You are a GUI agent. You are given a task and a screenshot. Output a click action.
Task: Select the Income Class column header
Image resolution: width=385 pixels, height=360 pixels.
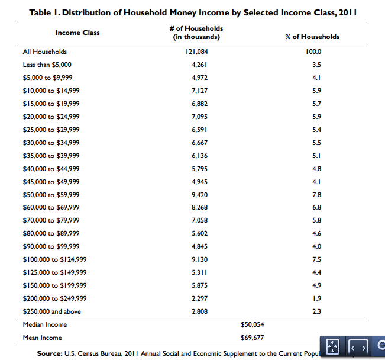pyautogui.click(x=77, y=33)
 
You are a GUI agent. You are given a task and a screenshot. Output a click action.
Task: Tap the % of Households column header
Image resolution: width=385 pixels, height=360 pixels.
pyautogui.click(x=312, y=37)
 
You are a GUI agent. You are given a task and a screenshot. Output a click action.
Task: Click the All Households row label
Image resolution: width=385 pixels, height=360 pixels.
pyautogui.click(x=45, y=52)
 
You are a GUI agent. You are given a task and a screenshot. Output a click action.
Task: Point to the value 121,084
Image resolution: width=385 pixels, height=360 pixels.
pyautogui.click(x=197, y=52)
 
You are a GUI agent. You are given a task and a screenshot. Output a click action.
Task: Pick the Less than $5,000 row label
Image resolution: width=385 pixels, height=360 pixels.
pyautogui.click(x=47, y=65)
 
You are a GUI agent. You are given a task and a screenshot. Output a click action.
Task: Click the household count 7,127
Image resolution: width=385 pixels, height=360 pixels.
pyautogui.click(x=200, y=91)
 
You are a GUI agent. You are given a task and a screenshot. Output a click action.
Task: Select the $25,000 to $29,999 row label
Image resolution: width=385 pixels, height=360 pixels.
pyautogui.click(x=51, y=130)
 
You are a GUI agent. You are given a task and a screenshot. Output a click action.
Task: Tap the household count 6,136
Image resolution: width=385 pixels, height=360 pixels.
pyautogui.click(x=200, y=156)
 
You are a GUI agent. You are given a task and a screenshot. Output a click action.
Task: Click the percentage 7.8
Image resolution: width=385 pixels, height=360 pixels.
pyautogui.click(x=316, y=195)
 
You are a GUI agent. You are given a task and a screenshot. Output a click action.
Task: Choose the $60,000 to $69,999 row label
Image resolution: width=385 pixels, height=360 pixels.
pyautogui.click(x=51, y=207)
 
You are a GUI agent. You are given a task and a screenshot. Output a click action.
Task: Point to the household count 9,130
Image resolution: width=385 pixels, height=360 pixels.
pyautogui.click(x=200, y=259)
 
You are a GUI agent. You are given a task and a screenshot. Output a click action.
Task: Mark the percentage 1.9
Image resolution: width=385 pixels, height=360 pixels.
pyautogui.click(x=316, y=298)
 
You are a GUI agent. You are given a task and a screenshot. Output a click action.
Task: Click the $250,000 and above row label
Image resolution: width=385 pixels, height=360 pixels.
pyautogui.click(x=52, y=311)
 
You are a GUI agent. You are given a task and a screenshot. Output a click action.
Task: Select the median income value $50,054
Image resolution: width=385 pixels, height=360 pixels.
pyautogui.click(x=253, y=324)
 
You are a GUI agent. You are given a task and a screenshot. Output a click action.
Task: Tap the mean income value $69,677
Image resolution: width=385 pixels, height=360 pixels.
pyautogui.click(x=253, y=337)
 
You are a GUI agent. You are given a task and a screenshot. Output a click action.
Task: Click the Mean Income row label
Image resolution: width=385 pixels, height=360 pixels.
pyautogui.click(x=42, y=337)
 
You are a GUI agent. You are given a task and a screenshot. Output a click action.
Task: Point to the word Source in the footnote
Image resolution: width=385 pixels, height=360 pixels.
pyautogui.click(x=50, y=353)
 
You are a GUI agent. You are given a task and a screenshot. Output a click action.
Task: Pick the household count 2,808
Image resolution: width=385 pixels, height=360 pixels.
pyautogui.click(x=200, y=311)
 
